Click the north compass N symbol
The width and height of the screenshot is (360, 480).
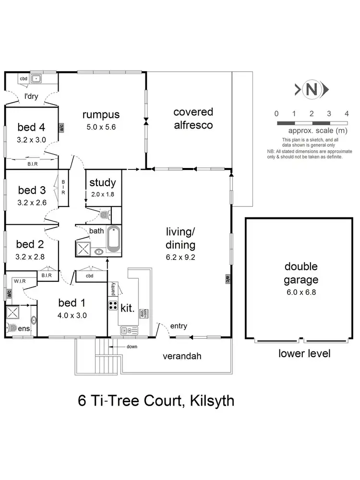(312, 89)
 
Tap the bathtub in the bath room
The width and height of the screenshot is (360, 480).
(114, 239)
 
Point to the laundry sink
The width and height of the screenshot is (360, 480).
(36, 78)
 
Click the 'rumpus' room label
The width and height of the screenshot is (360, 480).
(100, 115)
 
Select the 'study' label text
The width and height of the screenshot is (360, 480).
(103, 182)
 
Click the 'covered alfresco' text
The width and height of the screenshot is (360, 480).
(193, 118)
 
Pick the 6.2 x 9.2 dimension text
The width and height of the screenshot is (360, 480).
(181, 257)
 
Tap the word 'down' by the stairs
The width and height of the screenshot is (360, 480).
(132, 346)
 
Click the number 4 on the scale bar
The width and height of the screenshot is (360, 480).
(346, 114)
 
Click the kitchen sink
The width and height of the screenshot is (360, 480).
(126, 330)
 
